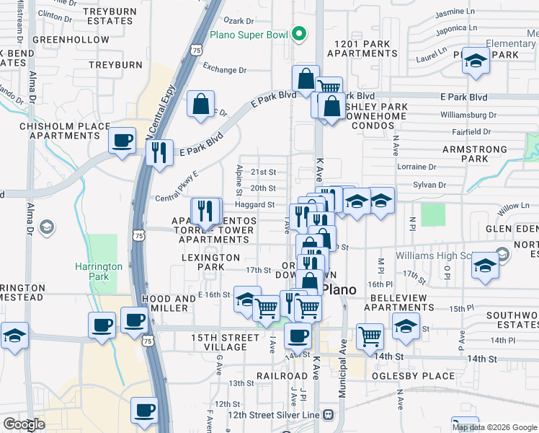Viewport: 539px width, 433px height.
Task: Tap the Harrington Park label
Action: (99, 271)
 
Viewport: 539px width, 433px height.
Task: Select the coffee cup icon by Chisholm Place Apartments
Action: (122, 140)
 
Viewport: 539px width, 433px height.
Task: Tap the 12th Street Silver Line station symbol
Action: (329, 415)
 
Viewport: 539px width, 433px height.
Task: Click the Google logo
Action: (24, 424)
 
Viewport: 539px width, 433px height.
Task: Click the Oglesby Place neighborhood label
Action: (413, 376)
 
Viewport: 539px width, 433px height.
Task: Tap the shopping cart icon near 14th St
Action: (370, 336)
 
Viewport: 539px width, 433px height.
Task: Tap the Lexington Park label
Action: (209, 262)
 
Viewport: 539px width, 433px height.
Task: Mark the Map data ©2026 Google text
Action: (494, 427)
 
